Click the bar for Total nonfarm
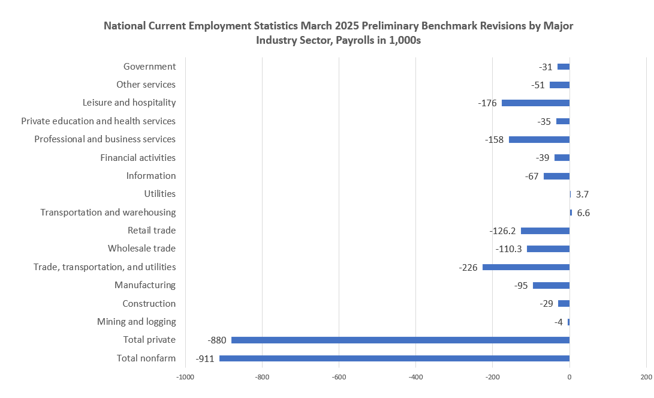[x=394, y=358]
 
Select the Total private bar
[x=400, y=340]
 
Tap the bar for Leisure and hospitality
[x=535, y=103]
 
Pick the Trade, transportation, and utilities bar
[x=526, y=267]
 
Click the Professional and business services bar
[x=539, y=139]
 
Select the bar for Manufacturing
[x=551, y=285]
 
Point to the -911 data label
[x=205, y=359]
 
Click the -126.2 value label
[x=502, y=231]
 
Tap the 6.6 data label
[x=583, y=213]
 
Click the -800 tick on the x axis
[x=262, y=378]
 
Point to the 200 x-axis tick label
[x=646, y=378]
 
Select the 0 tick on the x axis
[x=569, y=378]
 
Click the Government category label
[x=149, y=67]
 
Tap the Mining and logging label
[x=136, y=322]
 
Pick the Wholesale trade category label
[x=141, y=249]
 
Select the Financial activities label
[x=138, y=157]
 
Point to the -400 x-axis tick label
[x=415, y=378]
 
